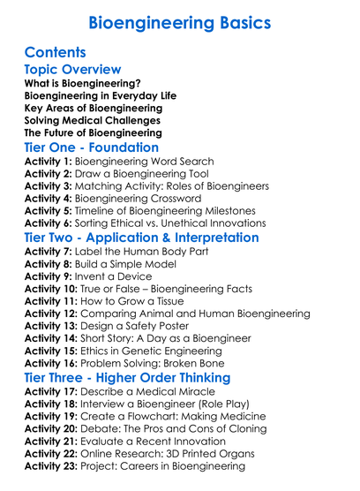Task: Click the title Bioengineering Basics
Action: (180, 21)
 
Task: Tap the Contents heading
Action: (56, 52)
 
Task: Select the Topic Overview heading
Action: (73, 70)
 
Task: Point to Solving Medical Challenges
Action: (93, 119)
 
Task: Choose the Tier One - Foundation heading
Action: (92, 147)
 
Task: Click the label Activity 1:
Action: (49, 162)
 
